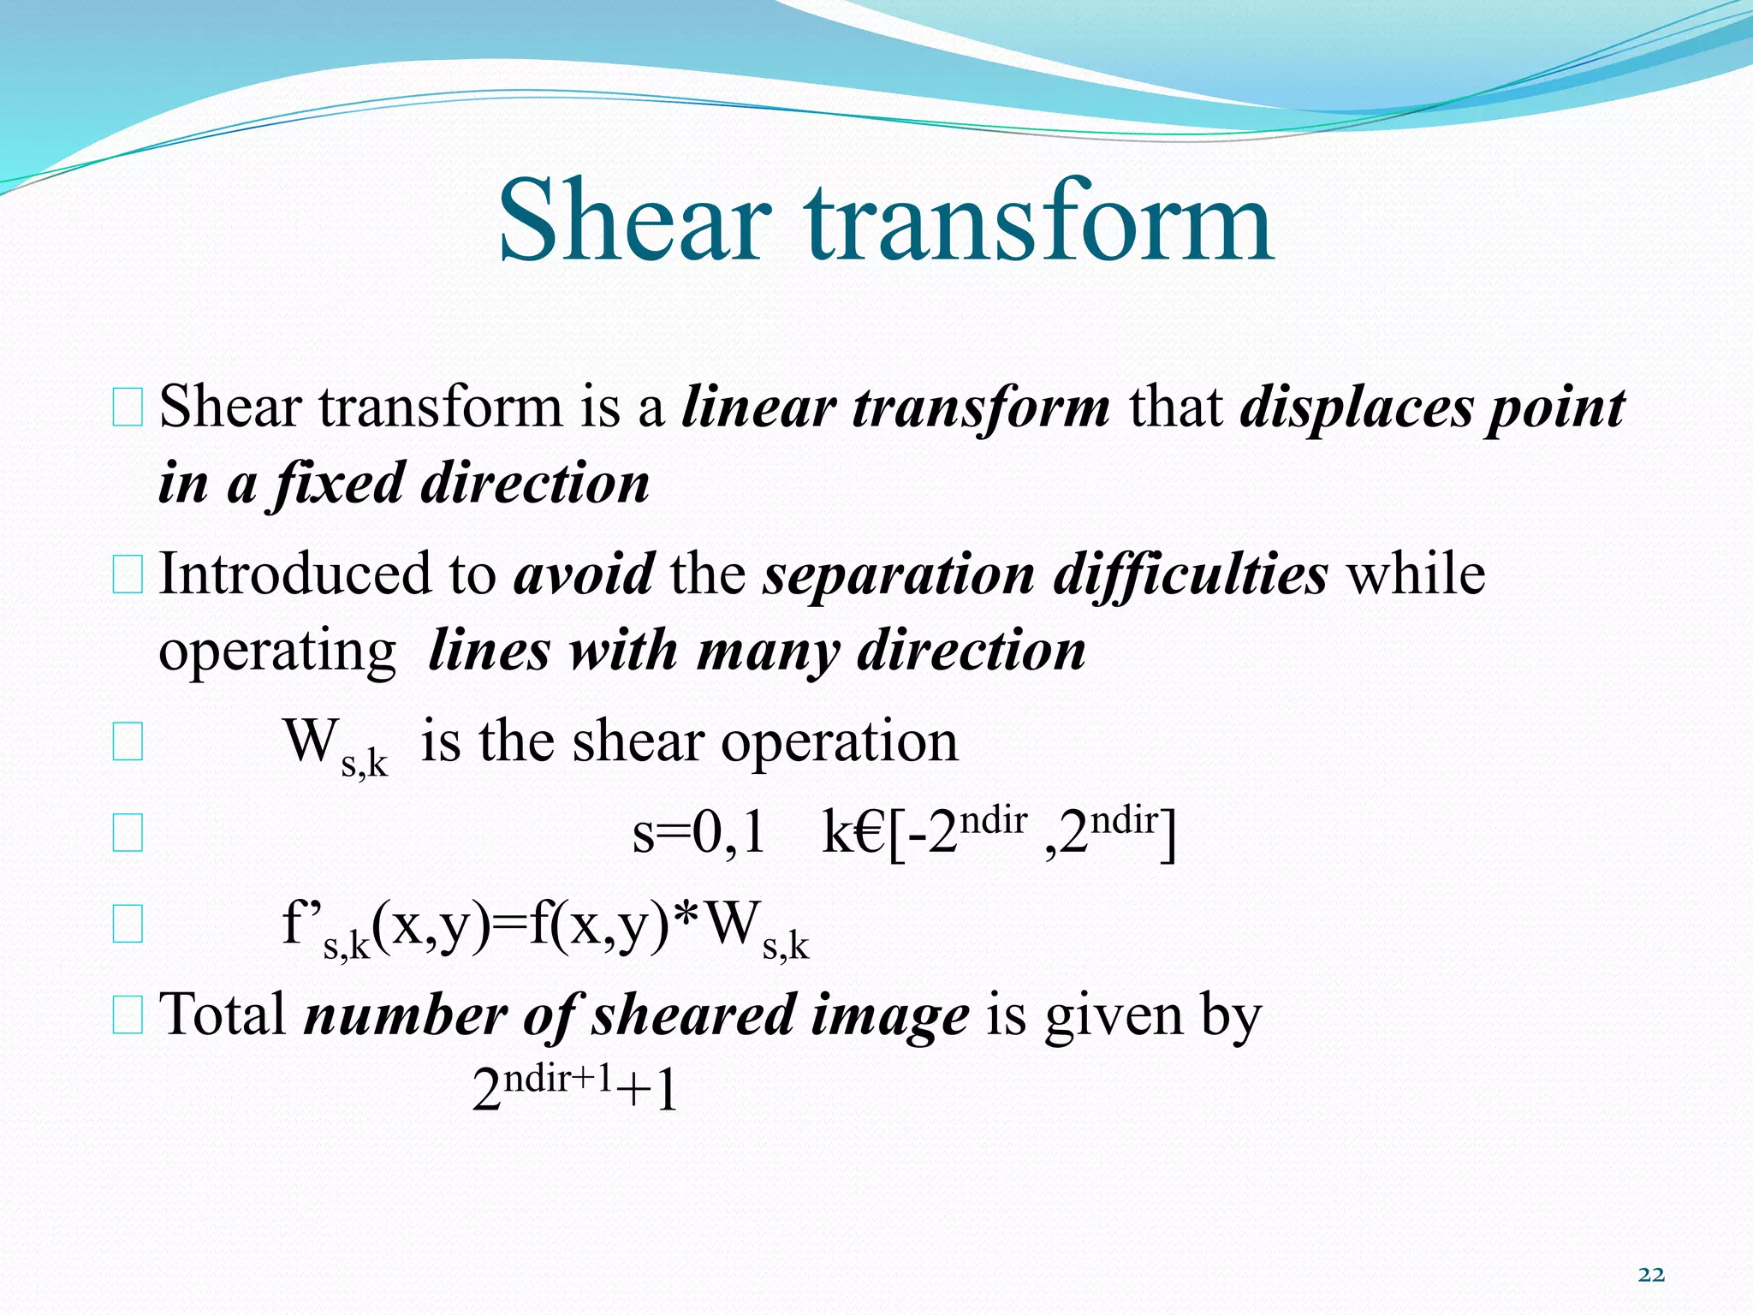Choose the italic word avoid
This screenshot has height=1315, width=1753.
[584, 574]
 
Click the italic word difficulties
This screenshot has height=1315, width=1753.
[1191, 574]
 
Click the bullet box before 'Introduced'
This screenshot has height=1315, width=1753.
[128, 574]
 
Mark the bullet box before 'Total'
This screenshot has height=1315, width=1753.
[128, 1015]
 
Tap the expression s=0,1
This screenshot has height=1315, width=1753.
[698, 833]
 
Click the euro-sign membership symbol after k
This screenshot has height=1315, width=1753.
[868, 833]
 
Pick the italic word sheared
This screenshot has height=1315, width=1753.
[693, 1015]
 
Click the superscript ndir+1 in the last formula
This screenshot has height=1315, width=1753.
[558, 1079]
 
